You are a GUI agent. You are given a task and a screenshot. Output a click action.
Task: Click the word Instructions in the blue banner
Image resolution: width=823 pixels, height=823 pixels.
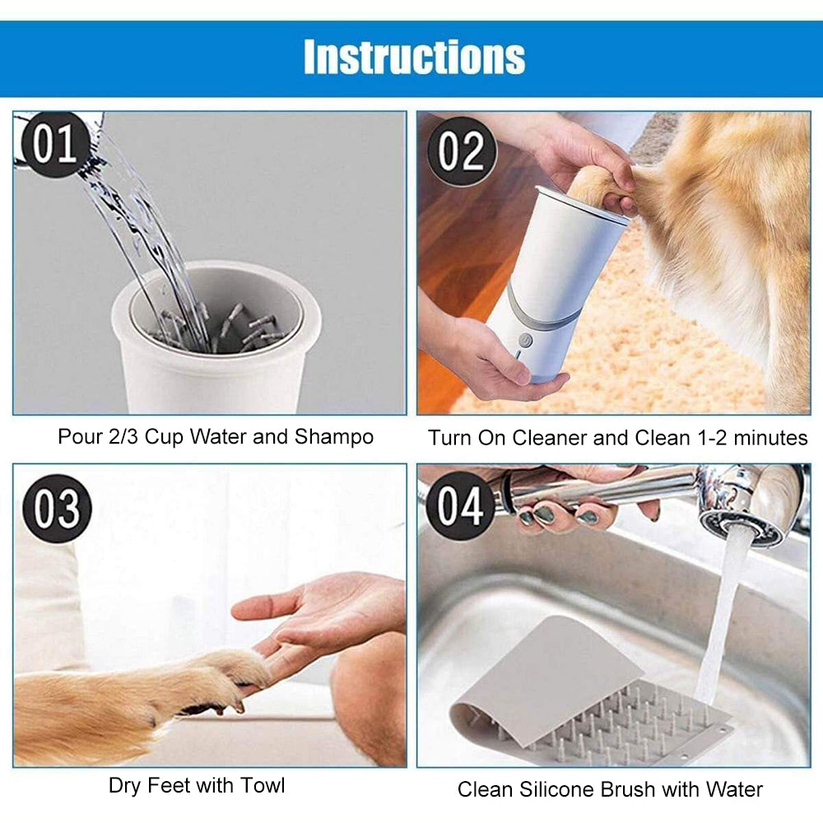pos(414,57)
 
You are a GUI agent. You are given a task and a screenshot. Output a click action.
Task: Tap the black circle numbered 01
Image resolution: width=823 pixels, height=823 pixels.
pos(55,144)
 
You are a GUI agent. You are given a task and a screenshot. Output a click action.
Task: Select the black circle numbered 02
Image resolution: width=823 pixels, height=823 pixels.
pos(462,151)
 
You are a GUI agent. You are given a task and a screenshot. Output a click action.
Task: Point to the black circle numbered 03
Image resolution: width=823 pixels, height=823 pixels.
pos(58,508)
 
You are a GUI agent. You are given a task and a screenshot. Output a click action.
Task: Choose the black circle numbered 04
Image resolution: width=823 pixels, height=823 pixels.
pos(460,505)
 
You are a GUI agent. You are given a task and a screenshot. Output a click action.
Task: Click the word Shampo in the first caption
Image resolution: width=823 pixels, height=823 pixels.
pos(334,438)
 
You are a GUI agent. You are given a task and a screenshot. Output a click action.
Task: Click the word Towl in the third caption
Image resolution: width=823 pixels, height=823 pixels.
pos(263,785)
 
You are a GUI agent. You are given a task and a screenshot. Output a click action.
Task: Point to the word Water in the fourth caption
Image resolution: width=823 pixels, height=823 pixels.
pos(734,789)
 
